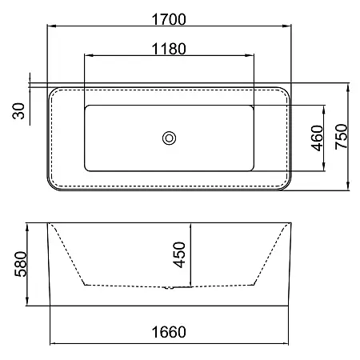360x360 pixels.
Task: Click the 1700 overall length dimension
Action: (x=169, y=19)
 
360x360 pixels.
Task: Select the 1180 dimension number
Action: (x=169, y=49)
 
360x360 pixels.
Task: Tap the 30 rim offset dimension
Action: (x=18, y=110)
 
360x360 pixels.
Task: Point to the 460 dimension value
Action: (x=317, y=138)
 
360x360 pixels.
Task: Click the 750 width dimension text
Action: (x=342, y=137)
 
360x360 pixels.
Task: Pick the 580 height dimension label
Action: (x=21, y=264)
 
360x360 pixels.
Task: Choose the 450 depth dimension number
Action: (x=179, y=254)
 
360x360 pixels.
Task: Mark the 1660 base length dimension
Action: (x=169, y=332)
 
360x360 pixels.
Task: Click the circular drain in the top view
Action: (x=169, y=138)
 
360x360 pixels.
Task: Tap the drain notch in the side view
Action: (x=168, y=288)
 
